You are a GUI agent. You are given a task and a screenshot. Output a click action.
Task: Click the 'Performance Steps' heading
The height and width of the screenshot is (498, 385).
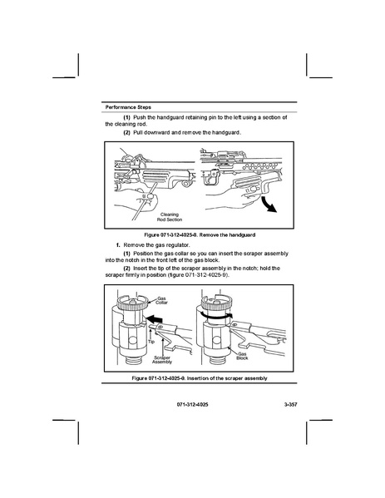click(x=128, y=107)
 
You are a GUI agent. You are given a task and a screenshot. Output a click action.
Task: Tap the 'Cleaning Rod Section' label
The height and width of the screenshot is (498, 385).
click(x=170, y=217)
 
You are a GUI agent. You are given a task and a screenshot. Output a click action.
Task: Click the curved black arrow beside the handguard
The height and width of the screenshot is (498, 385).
click(x=269, y=205)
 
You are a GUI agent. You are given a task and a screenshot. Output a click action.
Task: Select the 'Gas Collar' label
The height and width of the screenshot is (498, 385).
click(x=161, y=300)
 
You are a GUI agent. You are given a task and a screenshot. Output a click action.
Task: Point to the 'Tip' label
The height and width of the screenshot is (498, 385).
click(x=151, y=342)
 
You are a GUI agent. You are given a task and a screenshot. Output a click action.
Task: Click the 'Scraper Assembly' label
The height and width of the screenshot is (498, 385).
click(x=162, y=359)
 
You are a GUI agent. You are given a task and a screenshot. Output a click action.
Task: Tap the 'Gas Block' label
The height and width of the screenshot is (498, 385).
click(x=242, y=356)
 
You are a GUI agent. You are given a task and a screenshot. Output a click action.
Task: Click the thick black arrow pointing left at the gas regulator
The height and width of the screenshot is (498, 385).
click(x=154, y=318)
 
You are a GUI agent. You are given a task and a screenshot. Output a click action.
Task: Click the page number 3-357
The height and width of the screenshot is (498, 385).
click(x=291, y=405)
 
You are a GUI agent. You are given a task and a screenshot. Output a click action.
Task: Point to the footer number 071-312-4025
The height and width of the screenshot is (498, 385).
click(x=192, y=405)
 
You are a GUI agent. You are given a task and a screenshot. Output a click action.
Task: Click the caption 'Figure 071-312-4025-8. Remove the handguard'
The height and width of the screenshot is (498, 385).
click(x=200, y=235)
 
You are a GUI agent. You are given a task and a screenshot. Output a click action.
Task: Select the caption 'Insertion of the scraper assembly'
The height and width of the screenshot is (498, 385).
click(x=227, y=378)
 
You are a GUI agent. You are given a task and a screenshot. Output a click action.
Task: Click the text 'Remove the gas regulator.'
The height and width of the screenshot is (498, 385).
click(x=156, y=245)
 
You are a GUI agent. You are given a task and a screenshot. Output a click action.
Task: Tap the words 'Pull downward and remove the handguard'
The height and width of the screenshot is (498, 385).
click(x=186, y=132)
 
